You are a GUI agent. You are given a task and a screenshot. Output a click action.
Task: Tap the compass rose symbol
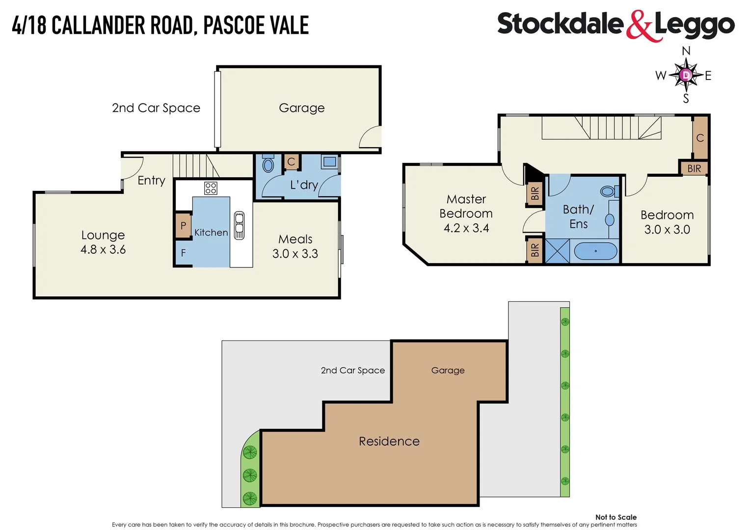686,75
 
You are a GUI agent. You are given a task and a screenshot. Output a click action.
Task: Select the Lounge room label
103,235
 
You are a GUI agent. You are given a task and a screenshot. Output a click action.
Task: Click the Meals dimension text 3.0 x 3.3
295,254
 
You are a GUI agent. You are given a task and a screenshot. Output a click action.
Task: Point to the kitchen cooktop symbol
211,188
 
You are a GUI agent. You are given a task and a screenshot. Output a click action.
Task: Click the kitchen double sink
239,225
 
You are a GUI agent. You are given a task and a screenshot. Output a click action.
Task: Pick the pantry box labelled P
183,226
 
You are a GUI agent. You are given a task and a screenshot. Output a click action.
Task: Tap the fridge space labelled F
183,253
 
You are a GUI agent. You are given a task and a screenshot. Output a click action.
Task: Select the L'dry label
304,185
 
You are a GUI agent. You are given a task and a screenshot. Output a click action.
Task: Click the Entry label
151,181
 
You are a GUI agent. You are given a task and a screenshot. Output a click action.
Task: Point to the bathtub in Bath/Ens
595,251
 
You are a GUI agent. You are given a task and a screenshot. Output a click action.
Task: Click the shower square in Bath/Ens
558,251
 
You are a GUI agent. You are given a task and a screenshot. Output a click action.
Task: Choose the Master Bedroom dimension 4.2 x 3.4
466,228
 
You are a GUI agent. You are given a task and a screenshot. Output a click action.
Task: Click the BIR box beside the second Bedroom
694,168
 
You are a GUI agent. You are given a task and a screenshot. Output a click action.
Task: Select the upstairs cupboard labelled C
700,138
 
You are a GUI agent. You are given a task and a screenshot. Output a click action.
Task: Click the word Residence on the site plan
389,442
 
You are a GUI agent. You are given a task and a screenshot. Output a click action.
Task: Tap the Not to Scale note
616,517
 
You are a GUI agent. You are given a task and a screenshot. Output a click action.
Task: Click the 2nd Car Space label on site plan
353,371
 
